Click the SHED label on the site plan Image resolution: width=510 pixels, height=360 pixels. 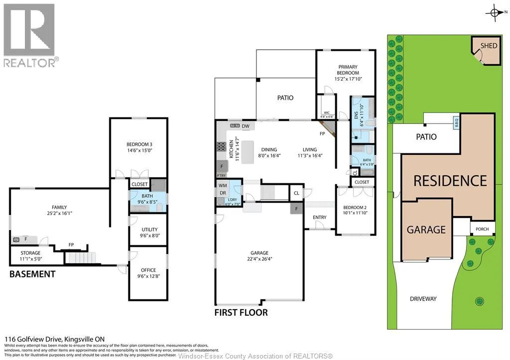(x=489, y=46)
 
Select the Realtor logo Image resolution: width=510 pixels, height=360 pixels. (x=29, y=35)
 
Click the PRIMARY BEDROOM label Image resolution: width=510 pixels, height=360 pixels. (x=348, y=69)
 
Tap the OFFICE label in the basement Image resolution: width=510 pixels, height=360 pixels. (x=148, y=270)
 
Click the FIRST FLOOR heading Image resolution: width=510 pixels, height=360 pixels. (x=241, y=313)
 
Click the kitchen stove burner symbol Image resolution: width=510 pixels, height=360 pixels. (x=221, y=147)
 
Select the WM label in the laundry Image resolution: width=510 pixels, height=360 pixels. (x=222, y=185)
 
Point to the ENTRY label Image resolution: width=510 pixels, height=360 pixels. (x=319, y=217)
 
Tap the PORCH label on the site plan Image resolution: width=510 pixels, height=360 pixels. (x=482, y=230)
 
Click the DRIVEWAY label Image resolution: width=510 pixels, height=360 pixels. (x=423, y=299)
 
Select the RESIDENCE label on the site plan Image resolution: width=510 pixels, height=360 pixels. (x=450, y=180)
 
